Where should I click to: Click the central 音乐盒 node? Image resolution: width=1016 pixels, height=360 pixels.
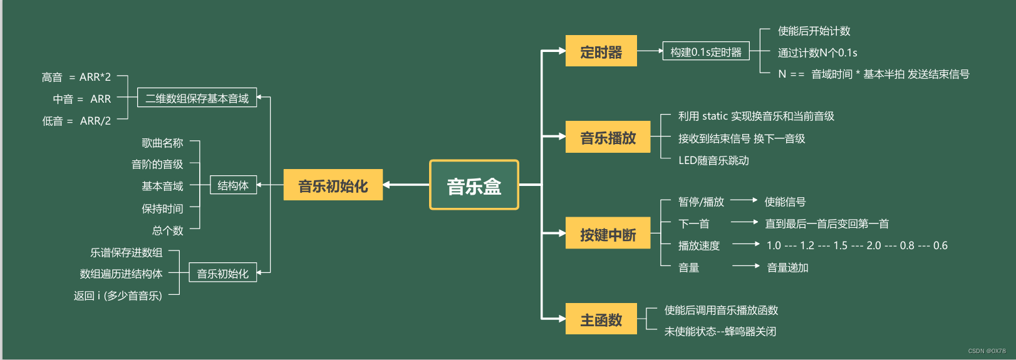click(474, 185)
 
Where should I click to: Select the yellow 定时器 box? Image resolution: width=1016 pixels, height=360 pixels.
click(601, 51)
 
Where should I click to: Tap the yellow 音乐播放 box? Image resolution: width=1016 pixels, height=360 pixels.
click(608, 137)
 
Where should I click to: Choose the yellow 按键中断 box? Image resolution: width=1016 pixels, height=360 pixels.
click(608, 234)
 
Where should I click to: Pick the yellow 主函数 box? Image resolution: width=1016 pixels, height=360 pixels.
click(601, 319)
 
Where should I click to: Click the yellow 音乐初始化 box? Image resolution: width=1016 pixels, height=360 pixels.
click(333, 185)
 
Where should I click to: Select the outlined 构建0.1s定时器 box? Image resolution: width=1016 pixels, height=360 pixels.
click(705, 52)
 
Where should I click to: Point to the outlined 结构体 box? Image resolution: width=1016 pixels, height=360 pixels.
click(232, 185)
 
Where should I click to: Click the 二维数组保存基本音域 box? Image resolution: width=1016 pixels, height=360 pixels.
click(197, 98)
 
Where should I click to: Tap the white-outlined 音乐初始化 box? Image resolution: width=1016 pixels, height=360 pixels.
click(222, 274)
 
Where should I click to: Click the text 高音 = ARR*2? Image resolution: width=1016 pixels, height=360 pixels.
click(76, 77)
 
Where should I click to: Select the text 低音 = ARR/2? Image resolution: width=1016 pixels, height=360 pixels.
click(76, 121)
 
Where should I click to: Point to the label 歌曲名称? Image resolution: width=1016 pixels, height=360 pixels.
click(162, 143)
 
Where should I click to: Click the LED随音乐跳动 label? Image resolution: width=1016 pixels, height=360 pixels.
click(713, 160)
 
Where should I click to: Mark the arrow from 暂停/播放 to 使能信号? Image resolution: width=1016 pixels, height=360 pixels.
click(744, 200)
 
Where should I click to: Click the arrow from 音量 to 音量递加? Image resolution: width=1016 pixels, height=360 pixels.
click(745, 266)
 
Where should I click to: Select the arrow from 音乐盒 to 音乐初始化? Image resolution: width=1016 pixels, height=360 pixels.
click(406, 185)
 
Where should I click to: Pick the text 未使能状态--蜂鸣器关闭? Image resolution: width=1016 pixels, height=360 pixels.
click(720, 331)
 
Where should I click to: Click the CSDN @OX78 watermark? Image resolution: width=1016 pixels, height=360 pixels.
click(987, 351)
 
